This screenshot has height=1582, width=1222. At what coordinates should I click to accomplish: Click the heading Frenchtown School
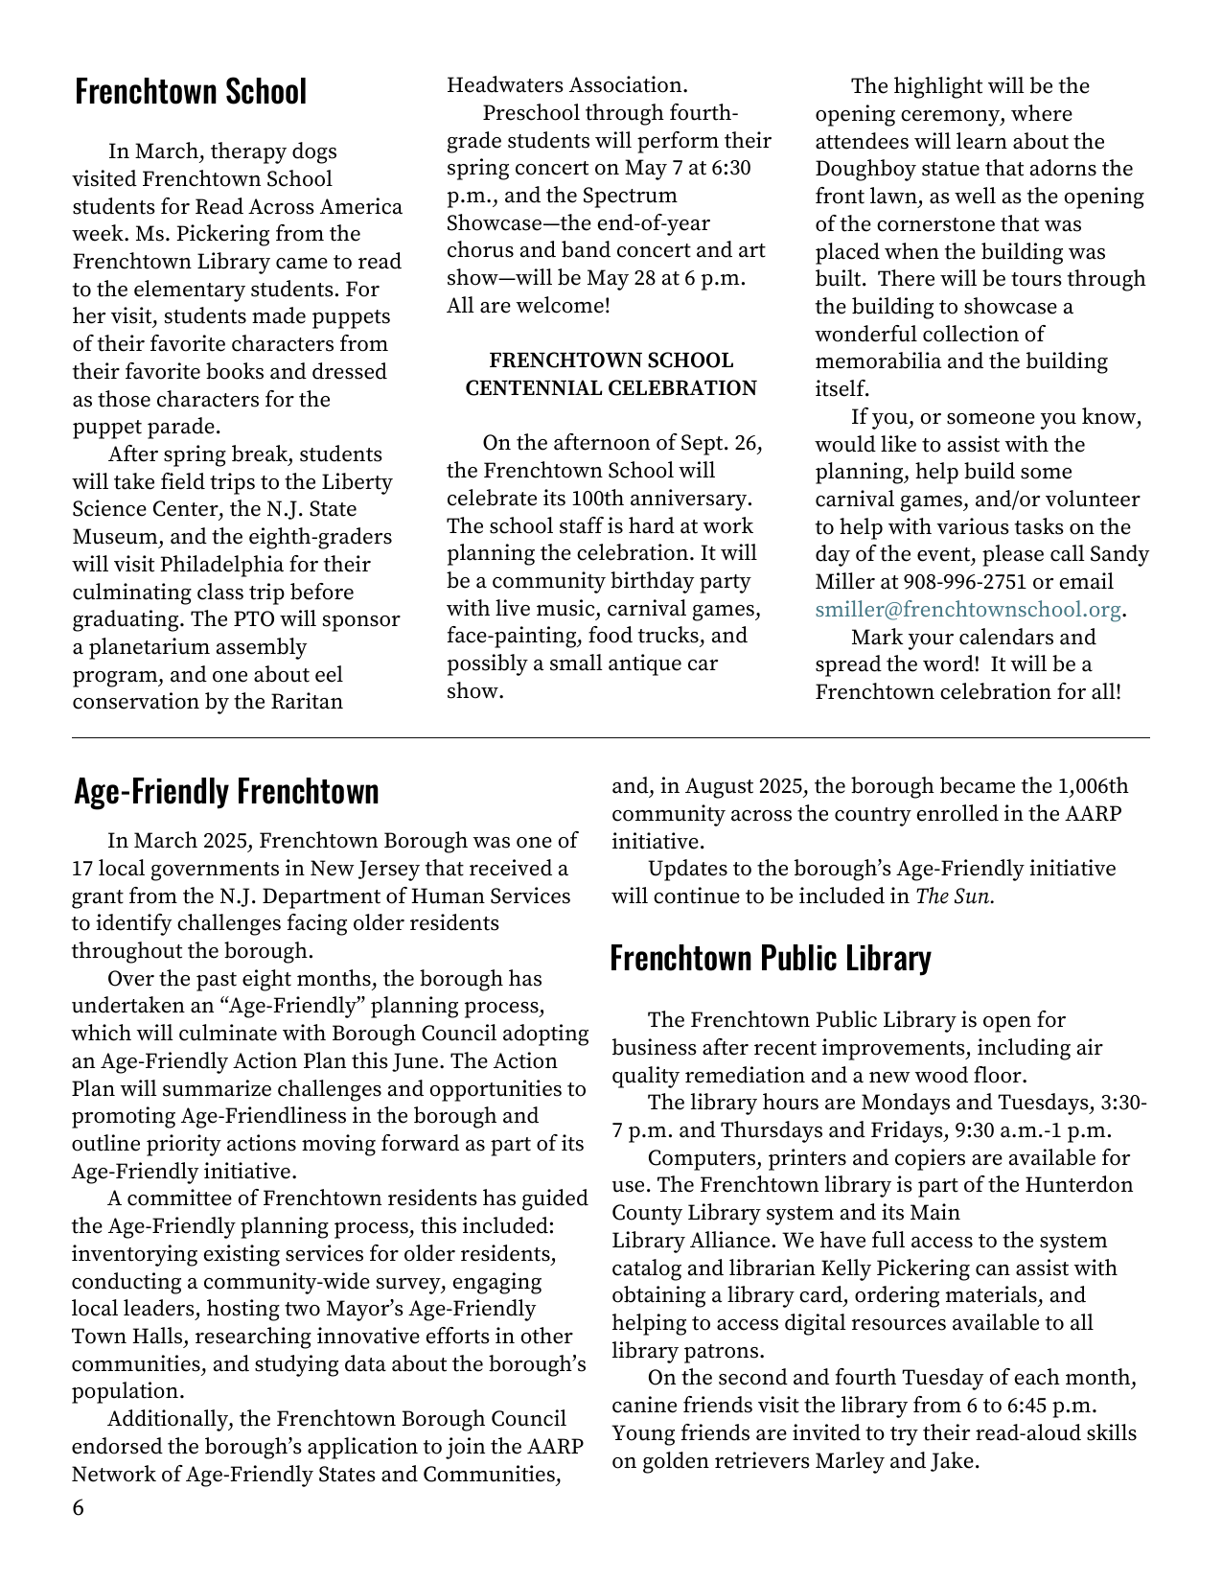click(x=191, y=92)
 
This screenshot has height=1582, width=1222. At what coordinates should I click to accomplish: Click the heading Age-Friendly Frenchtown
click(x=226, y=792)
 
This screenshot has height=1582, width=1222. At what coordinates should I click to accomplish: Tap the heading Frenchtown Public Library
click(x=770, y=958)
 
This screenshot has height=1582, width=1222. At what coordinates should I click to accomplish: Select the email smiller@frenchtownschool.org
click(x=967, y=610)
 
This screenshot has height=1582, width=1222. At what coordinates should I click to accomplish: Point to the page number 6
click(x=78, y=1508)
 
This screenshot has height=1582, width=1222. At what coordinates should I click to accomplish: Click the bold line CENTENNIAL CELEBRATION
click(x=611, y=388)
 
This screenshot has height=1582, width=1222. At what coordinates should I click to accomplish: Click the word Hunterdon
click(x=1078, y=1185)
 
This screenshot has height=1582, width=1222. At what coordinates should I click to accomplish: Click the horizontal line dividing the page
click(x=611, y=737)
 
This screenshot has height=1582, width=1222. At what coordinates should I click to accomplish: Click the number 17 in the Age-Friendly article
click(x=81, y=869)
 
